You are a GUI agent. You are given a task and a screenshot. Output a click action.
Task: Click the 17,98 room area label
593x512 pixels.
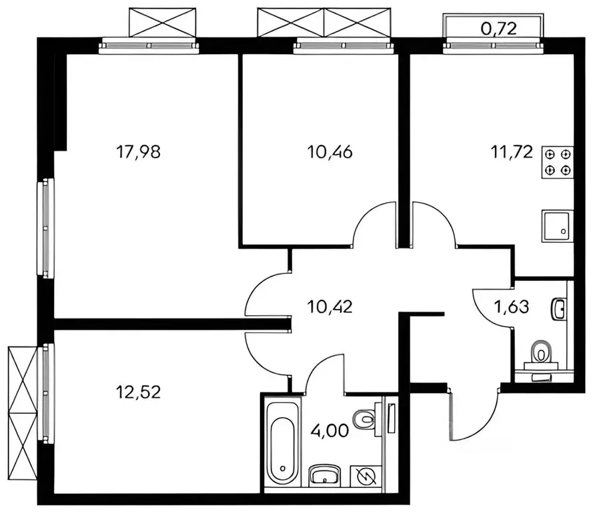(x=139, y=152)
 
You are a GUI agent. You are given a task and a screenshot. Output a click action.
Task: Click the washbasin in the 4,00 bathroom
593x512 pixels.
(x=326, y=476)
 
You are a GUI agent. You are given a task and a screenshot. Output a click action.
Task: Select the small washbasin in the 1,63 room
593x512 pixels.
(x=560, y=309)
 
